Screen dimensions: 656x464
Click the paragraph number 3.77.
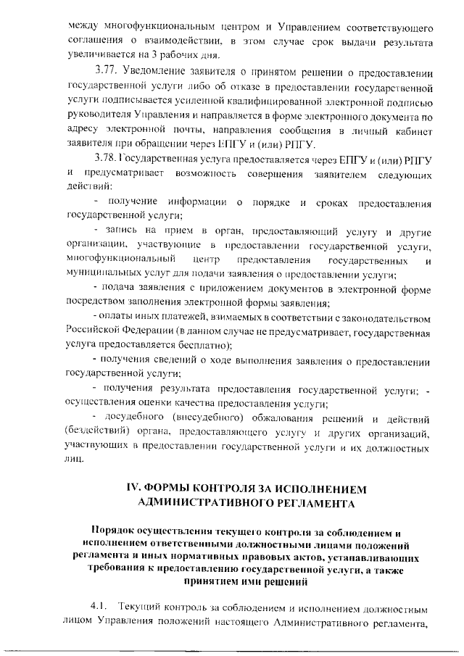pyautogui.click(x=107, y=75)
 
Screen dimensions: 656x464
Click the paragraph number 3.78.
pyautogui.click(x=107, y=159)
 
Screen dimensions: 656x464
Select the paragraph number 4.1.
pyautogui.click(x=99, y=605)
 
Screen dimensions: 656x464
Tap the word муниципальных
pyautogui.click(x=104, y=274)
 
